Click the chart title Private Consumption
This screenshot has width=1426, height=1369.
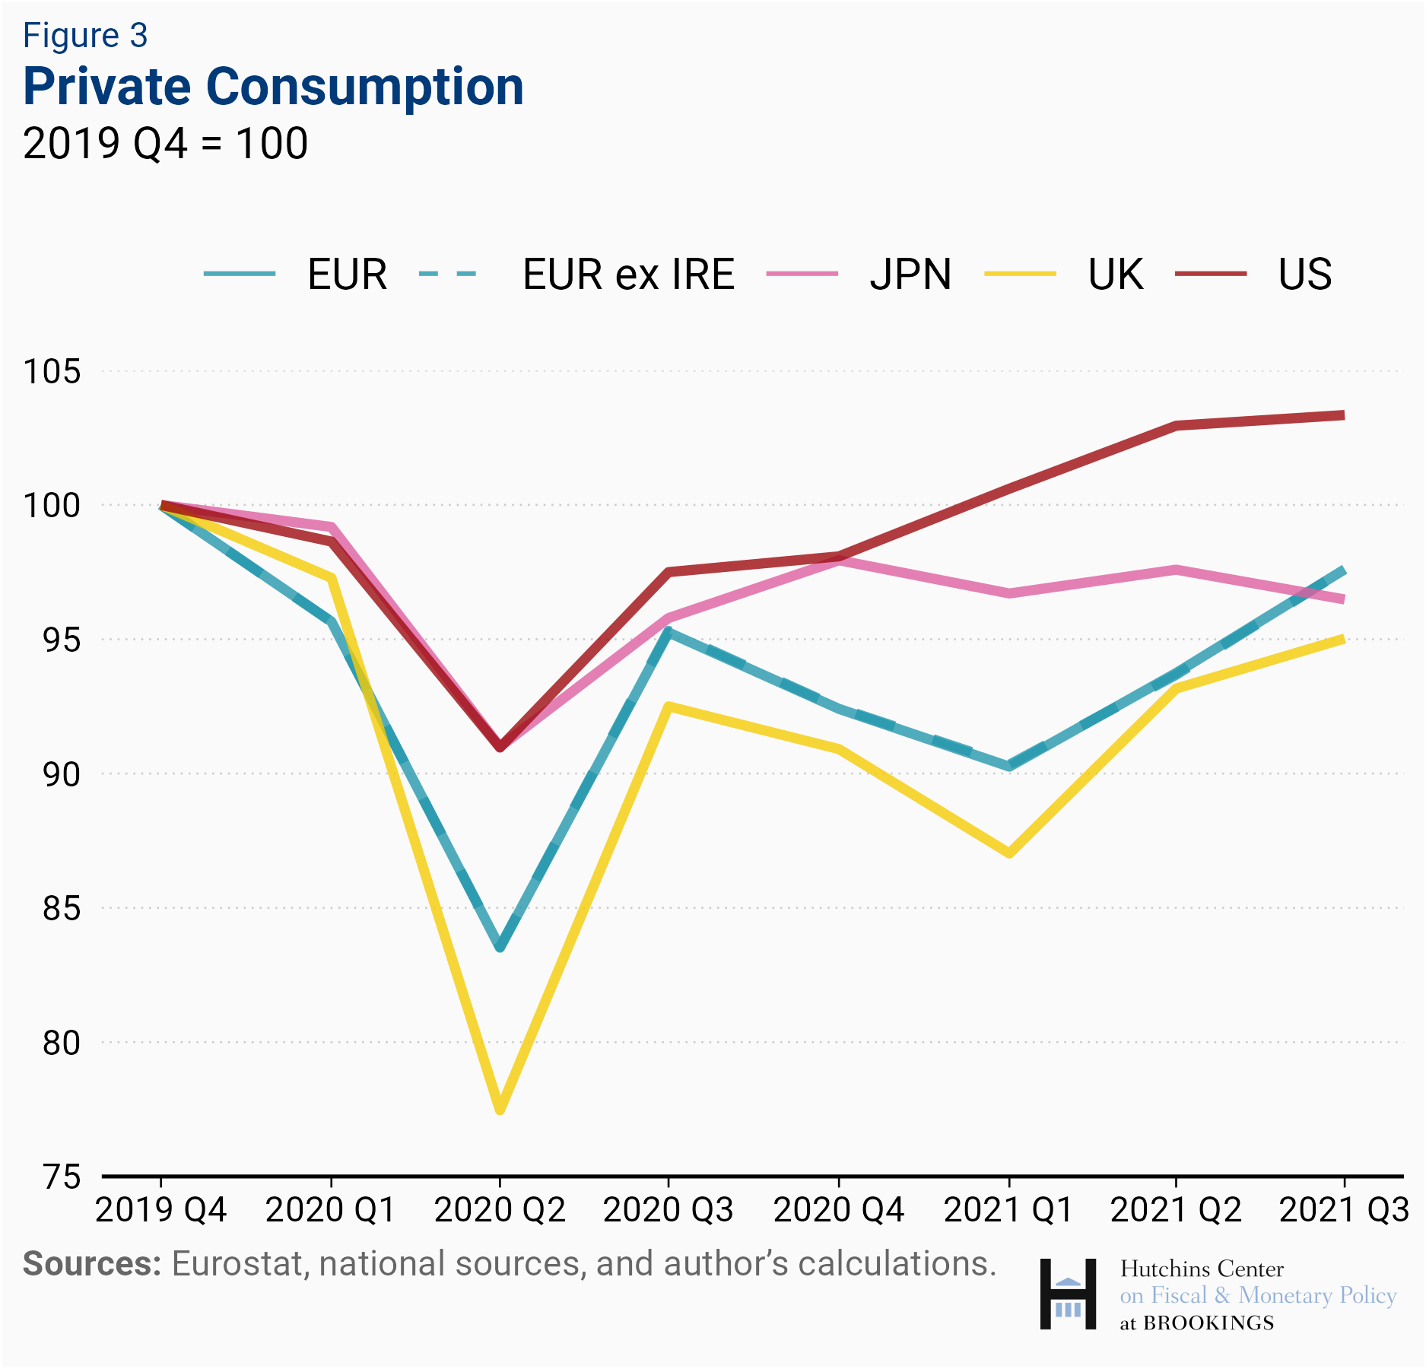tap(273, 87)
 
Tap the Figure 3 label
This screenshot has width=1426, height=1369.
tap(85, 36)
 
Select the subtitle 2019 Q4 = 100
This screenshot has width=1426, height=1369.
tap(165, 143)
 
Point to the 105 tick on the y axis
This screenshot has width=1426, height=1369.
tap(52, 372)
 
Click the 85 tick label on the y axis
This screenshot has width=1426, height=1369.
tap(61, 908)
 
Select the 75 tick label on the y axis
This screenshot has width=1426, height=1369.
tap(61, 1177)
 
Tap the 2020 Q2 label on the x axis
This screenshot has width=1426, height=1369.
tap(500, 1210)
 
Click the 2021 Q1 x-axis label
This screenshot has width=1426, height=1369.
tap(1008, 1210)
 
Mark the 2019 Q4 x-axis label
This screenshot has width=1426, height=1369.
tap(160, 1210)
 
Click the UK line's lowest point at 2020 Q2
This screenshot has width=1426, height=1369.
tap(500, 1110)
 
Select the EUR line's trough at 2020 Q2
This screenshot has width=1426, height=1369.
tap(500, 947)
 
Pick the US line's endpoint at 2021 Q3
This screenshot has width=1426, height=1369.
tap(1342, 415)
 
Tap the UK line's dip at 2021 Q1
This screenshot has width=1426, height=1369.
tap(1008, 853)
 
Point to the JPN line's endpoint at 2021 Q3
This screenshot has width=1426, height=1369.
tap(1342, 599)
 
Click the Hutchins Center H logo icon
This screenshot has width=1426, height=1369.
tap(1068, 1294)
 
